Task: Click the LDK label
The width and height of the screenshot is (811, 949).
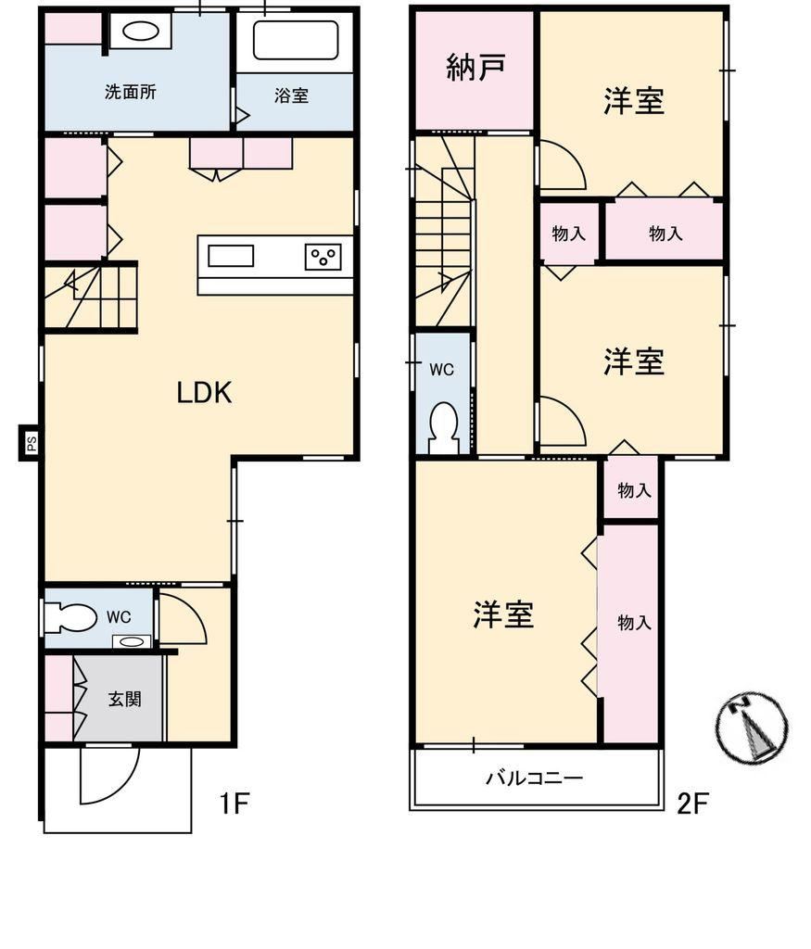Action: pyautogui.click(x=204, y=393)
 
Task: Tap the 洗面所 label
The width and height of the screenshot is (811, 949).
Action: pyautogui.click(x=131, y=92)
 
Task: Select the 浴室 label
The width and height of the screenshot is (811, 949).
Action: pyautogui.click(x=291, y=95)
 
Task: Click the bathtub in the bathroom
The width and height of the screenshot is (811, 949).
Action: pyautogui.click(x=296, y=41)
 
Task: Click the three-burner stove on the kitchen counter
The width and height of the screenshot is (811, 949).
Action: pyautogui.click(x=323, y=257)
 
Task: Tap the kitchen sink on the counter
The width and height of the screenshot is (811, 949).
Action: pyautogui.click(x=231, y=256)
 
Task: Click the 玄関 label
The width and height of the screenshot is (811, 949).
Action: pyautogui.click(x=125, y=699)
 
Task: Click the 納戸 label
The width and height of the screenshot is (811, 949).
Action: pyautogui.click(x=475, y=67)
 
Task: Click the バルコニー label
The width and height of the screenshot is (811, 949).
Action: pyautogui.click(x=535, y=778)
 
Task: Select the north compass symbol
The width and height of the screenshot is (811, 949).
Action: pyautogui.click(x=753, y=727)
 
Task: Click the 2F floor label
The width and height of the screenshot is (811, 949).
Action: pyautogui.click(x=692, y=803)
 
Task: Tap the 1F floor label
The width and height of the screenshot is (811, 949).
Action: pyautogui.click(x=234, y=803)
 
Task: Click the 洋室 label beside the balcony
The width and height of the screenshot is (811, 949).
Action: pyautogui.click(x=503, y=614)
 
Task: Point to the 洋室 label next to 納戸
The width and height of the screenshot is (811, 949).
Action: pyautogui.click(x=634, y=100)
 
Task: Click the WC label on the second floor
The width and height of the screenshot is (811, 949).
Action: pyautogui.click(x=441, y=369)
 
